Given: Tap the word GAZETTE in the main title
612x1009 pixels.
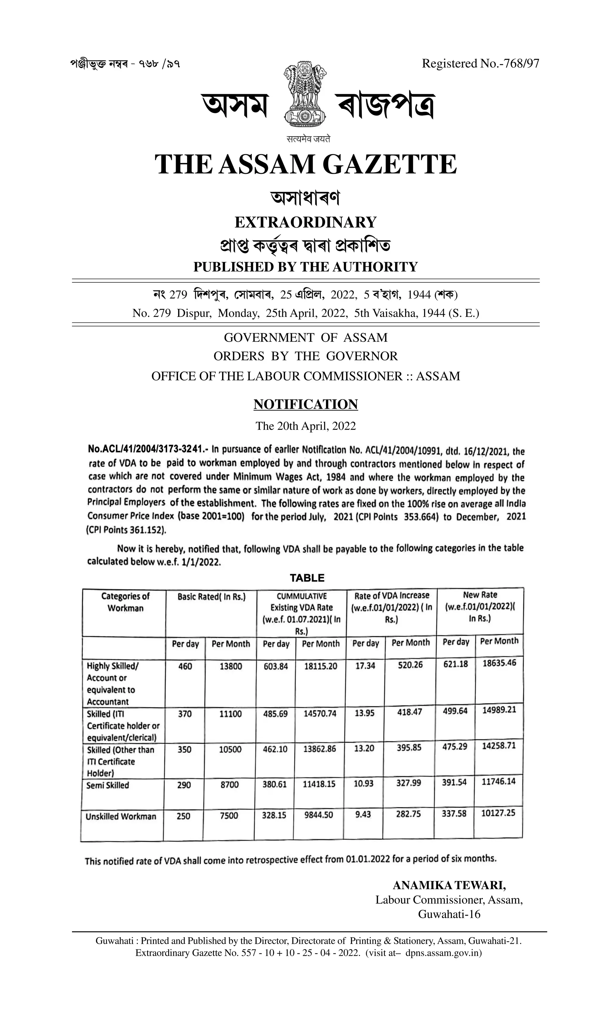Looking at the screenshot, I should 389,164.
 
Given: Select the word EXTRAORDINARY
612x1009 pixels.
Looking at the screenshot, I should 305,222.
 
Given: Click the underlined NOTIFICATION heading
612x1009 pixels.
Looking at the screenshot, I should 306,404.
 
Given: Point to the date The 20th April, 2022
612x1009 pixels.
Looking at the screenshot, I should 306,426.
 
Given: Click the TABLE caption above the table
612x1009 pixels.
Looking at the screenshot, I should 307,578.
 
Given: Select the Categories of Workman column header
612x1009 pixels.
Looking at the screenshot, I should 125,602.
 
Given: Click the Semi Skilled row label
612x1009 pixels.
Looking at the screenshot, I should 108,786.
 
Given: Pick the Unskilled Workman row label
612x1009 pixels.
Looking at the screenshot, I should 121,817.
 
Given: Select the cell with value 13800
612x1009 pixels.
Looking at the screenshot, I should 231,666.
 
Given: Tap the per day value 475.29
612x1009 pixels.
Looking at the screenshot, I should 455,747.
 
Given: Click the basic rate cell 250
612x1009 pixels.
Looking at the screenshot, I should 183,816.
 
